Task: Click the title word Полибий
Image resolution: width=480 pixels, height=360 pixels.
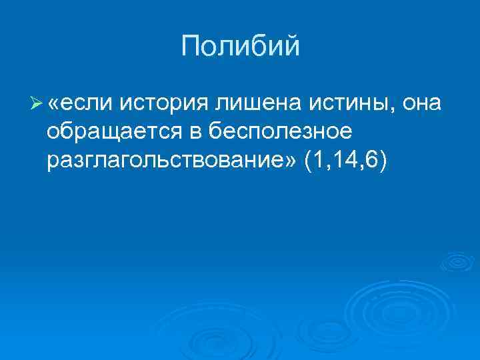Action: click(240, 47)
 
